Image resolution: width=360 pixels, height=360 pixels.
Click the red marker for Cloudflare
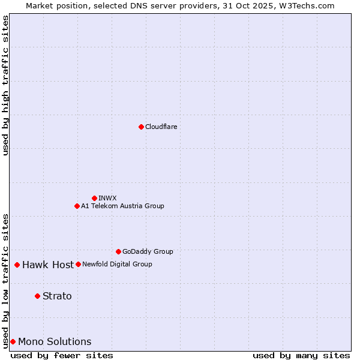[x=141, y=127]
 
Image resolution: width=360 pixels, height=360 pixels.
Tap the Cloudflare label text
[x=161, y=127]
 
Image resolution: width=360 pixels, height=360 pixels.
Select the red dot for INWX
[x=94, y=198]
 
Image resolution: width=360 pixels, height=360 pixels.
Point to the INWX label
[x=107, y=198]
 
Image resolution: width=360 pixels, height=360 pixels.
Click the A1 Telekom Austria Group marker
[x=77, y=206]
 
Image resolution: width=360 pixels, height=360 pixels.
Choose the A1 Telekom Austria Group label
[x=122, y=206]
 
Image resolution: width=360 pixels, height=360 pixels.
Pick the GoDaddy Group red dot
[x=118, y=251]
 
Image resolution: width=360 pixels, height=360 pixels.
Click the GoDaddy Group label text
[x=148, y=251]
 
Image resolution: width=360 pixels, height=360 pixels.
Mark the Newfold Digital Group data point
[x=78, y=264]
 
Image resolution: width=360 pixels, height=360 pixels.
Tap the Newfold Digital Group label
[x=117, y=264]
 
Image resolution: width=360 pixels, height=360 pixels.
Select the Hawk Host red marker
[x=17, y=265]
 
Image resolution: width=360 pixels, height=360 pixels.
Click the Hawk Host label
[x=48, y=265]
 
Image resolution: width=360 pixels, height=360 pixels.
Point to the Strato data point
[x=37, y=296]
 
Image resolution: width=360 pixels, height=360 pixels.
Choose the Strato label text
[x=57, y=296]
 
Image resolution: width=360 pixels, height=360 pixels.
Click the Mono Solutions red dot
[x=13, y=341]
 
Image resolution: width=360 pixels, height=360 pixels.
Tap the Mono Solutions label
[x=55, y=341]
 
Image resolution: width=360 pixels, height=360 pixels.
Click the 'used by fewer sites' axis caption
[x=62, y=355]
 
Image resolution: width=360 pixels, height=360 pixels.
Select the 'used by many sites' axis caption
[x=301, y=355]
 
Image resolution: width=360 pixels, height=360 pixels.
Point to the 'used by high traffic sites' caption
[x=5, y=85]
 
